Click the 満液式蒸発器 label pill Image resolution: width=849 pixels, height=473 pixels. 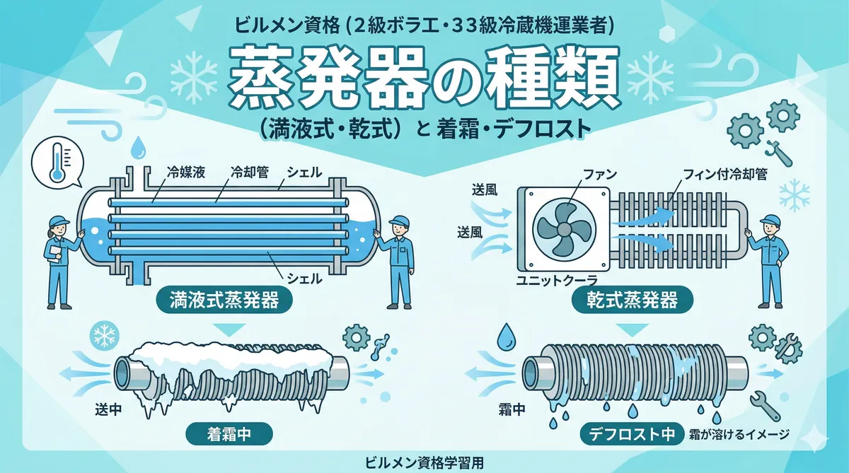pos(224,300)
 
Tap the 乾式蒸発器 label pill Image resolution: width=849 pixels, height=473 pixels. pos(633,300)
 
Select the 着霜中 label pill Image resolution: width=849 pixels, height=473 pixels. pos(229,434)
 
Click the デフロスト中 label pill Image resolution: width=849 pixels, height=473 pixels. pos(632,434)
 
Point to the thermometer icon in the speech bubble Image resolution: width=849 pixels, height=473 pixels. pos(58,162)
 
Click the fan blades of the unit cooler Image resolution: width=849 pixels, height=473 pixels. pos(564,230)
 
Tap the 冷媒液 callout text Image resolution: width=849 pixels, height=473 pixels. pos(185,173)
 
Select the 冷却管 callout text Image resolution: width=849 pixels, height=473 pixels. pos(249,173)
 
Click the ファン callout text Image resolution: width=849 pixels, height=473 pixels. pos(600,175)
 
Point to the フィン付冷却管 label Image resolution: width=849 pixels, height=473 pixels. pos(725,175)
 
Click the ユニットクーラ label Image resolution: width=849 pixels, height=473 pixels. pos(556,281)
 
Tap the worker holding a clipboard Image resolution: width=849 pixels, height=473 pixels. pos(61,262)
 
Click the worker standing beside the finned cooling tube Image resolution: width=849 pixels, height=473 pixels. pos(768,262)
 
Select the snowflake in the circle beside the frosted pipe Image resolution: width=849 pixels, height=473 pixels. pos(104,335)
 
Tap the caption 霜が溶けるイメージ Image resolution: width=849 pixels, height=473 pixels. pos(739,434)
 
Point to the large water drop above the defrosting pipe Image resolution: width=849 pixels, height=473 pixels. pos(506,337)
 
